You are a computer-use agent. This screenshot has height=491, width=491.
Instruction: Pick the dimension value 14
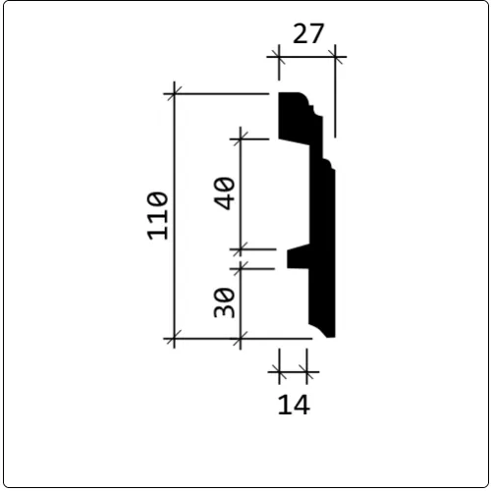(294, 403)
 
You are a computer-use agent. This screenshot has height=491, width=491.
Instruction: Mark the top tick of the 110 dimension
(176, 94)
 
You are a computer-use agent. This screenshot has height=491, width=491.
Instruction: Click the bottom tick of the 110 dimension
(176, 340)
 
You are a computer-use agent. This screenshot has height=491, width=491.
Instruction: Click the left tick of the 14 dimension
(280, 373)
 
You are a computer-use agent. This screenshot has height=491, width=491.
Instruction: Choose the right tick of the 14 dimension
(308, 373)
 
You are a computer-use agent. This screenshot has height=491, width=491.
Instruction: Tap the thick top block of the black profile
(295, 116)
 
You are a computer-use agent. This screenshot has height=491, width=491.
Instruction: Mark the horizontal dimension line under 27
(307, 58)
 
